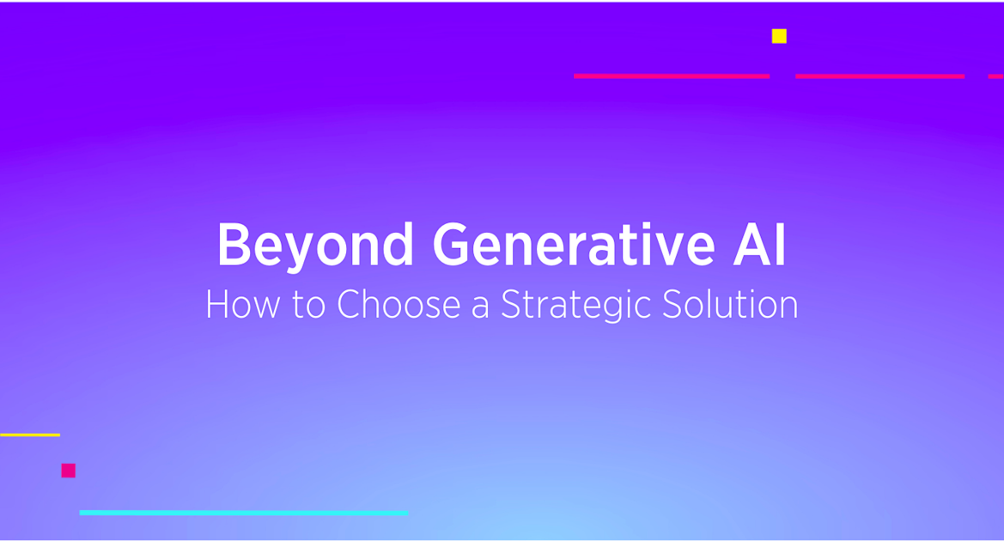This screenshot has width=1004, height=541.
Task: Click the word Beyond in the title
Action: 315,246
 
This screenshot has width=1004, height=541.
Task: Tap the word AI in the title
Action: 759,246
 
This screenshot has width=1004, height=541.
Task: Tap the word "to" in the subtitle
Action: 309,306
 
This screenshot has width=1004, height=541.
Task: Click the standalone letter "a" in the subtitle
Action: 480,307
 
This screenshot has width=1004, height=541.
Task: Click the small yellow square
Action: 779,36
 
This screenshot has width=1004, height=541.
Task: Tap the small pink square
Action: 69,471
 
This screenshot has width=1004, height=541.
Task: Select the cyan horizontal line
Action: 243,513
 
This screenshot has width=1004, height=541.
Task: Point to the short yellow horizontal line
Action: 30,435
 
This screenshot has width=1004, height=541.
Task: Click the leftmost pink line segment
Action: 671,76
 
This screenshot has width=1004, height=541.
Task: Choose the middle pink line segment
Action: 879,76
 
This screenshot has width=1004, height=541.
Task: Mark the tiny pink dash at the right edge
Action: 996,76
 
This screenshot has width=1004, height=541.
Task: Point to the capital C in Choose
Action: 350,305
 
